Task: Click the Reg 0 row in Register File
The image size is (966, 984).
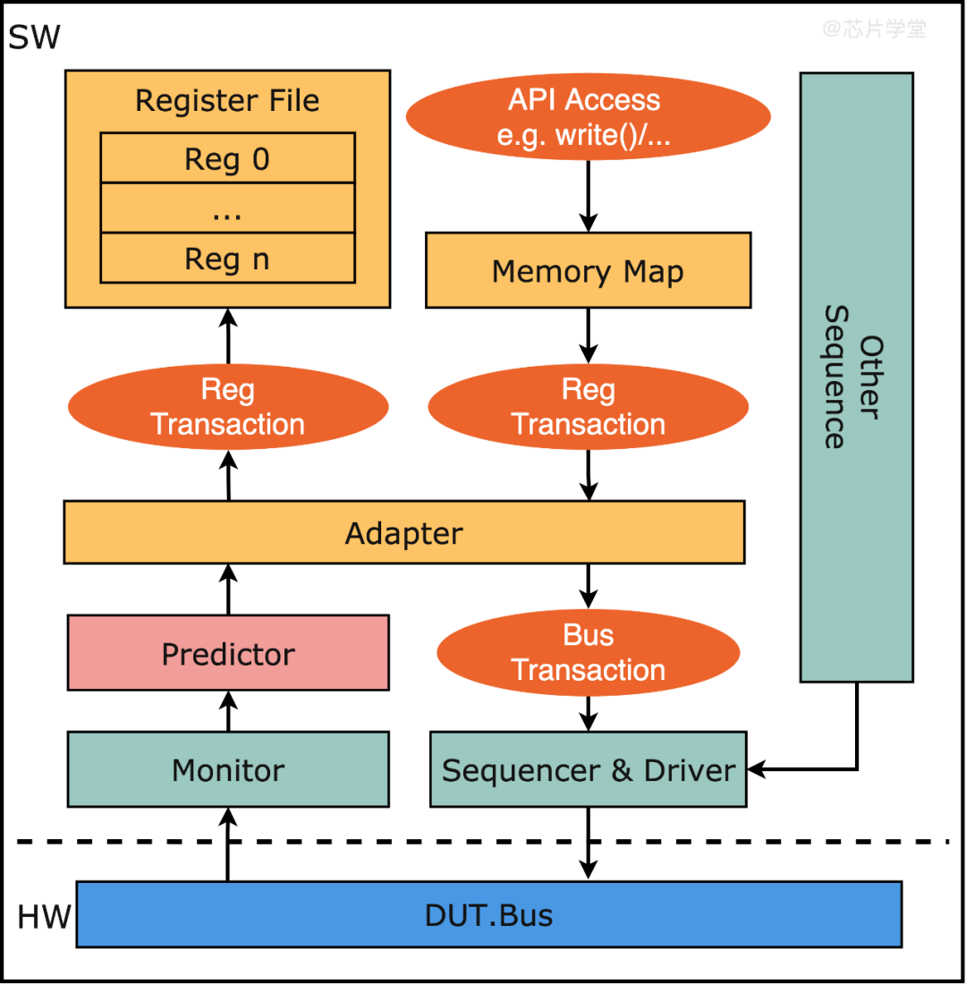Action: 227,159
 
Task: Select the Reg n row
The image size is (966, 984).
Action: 227,259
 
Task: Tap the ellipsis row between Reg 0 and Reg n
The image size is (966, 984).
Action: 227,209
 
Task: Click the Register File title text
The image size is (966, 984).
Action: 227,100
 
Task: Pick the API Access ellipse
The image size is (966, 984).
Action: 588,116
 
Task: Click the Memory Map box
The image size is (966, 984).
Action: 588,270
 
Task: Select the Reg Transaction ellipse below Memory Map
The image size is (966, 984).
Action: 588,407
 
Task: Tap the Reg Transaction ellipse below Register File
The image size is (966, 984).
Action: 227,407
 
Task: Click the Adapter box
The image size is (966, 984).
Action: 403,533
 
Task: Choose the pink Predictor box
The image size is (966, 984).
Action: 228,653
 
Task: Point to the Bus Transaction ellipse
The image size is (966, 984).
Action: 588,653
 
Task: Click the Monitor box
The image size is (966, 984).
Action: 228,769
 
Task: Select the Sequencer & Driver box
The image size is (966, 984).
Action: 588,769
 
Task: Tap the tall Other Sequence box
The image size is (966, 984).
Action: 856,377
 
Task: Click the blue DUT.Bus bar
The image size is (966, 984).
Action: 488,914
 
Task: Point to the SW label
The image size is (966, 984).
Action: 34,37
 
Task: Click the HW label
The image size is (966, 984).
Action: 42,917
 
